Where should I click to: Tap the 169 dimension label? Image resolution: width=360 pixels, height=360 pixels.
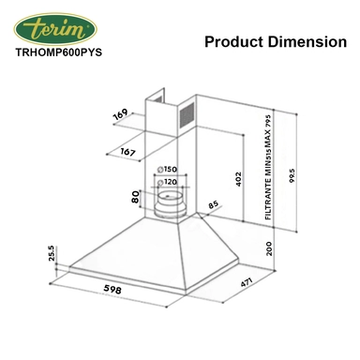point(119,116)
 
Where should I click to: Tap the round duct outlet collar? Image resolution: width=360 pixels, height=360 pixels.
point(171,201)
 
